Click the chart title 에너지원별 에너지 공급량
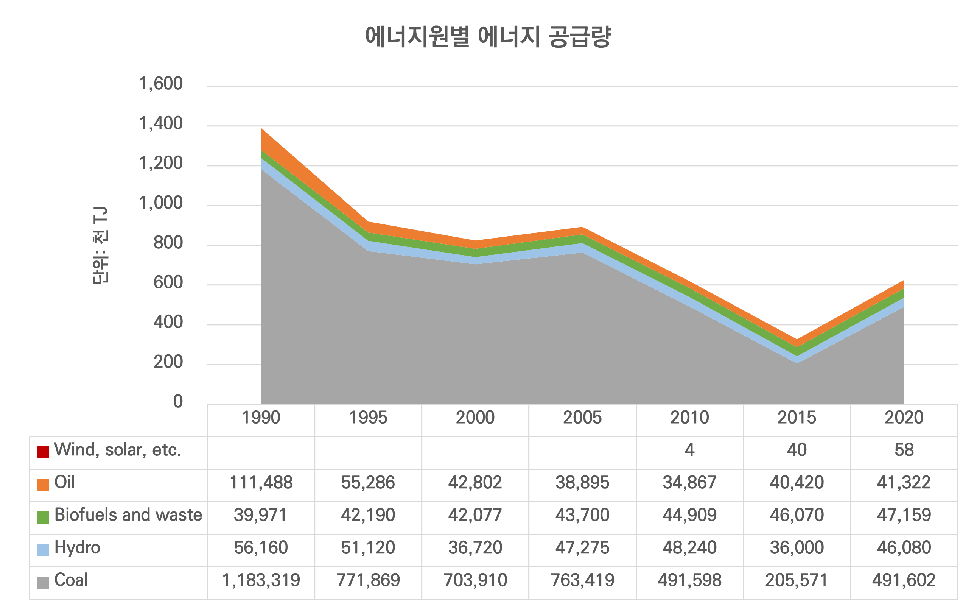coord(488,37)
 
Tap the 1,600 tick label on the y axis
coord(161,84)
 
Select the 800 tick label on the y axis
coord(168,243)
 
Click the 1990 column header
coord(261,418)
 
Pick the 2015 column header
coord(797,418)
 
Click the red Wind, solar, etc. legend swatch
coord(43,452)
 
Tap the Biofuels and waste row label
coord(128,515)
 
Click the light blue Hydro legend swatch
coord(43,550)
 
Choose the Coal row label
coord(71,580)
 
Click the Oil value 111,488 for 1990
coord(261,483)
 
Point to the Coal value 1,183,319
coord(261,580)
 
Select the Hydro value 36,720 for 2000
coord(475,548)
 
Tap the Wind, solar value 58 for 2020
coord(904,450)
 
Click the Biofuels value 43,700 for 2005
coord(582,515)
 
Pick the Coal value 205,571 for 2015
coord(797,580)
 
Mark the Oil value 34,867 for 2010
coord(689,483)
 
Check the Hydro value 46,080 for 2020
coord(904,548)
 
